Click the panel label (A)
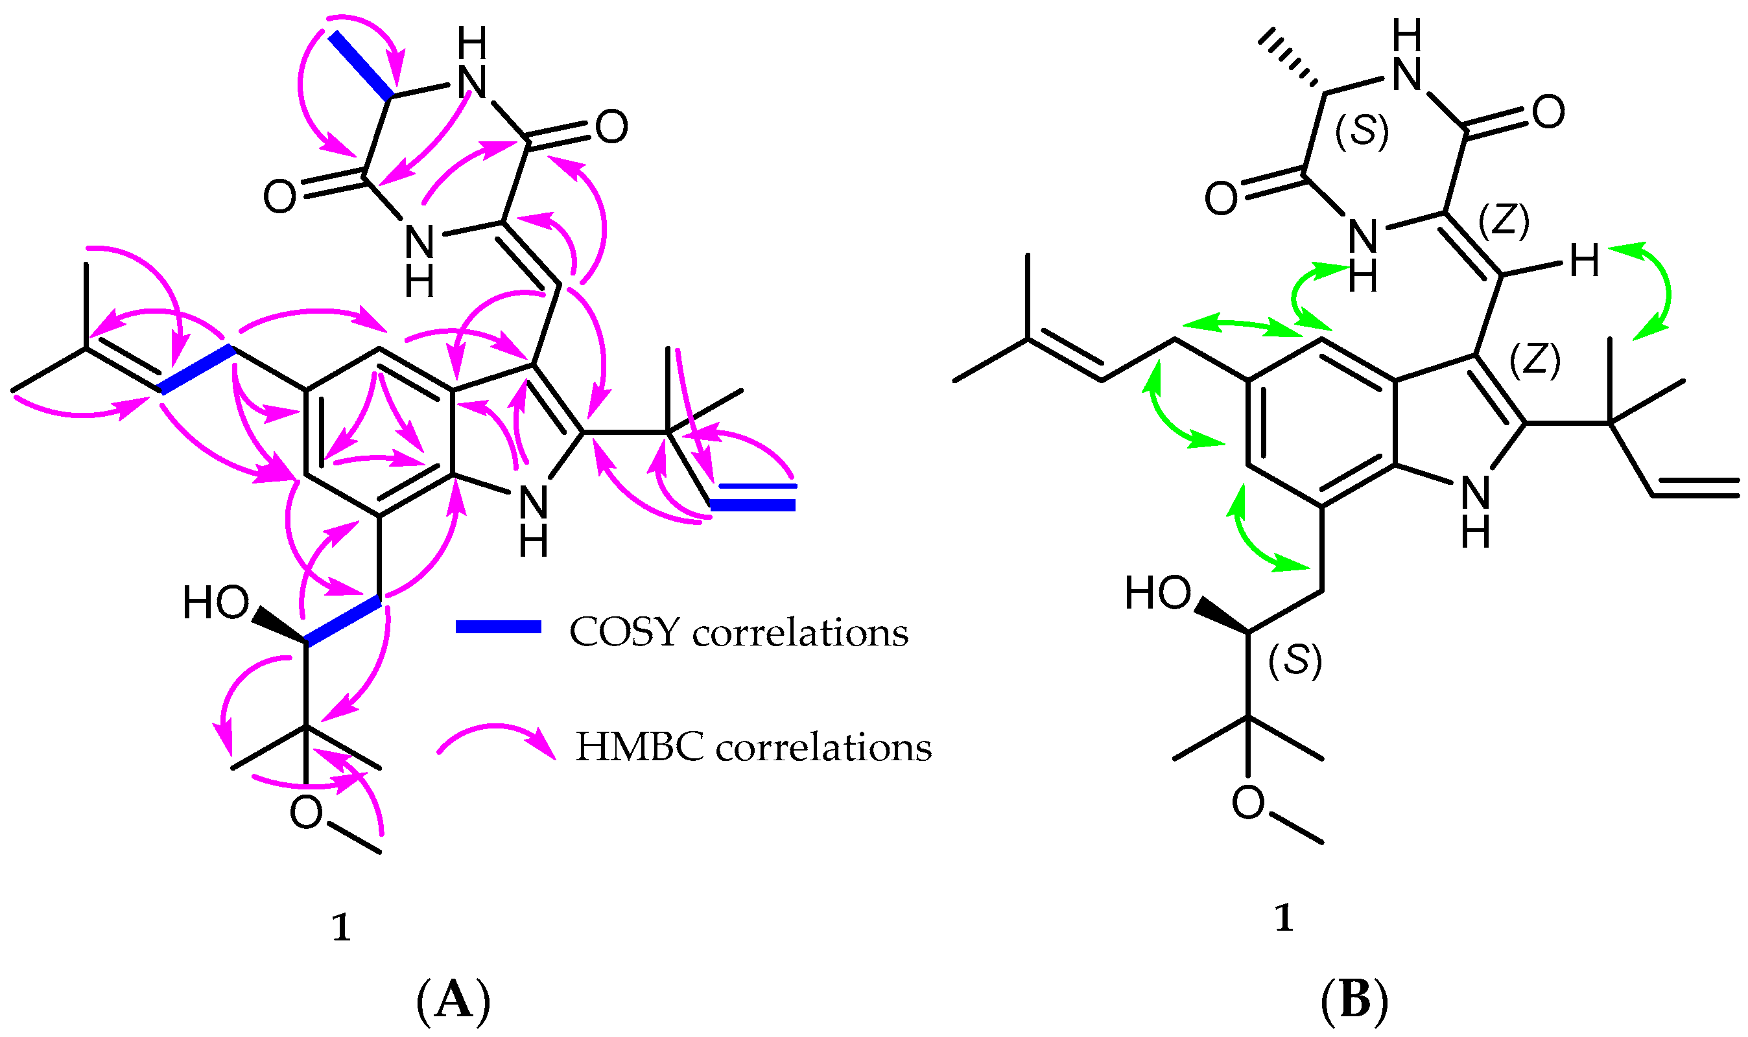point(454,1001)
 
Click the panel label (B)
point(1354,1001)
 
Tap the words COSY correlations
point(738,633)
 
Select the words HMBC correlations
point(753,747)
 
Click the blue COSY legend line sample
point(499,627)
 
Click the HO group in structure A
point(215,602)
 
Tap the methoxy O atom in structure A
point(306,813)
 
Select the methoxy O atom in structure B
point(1248,802)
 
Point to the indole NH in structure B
point(1475,511)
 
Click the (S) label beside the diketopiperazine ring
point(1362,131)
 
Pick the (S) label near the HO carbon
point(1295,660)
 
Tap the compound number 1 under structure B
point(1284,918)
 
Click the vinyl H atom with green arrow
point(1585,261)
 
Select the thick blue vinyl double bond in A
point(753,504)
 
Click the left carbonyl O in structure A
point(279,196)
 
